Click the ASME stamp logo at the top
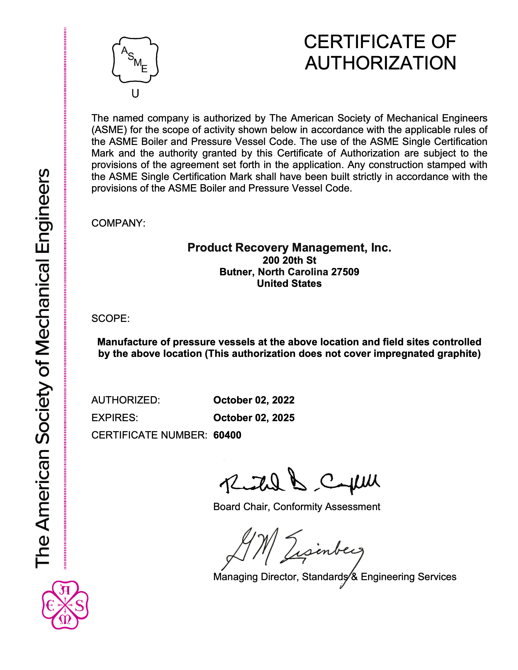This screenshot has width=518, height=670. pos(135,60)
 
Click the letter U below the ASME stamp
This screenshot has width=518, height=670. pos(135,93)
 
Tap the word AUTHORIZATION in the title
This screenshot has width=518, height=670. pos(380,63)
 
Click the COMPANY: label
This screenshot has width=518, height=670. pos(118,223)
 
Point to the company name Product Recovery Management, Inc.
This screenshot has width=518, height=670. pos(289,248)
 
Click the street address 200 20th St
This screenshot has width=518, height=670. pos(289,260)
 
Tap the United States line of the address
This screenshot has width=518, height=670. pos(289,284)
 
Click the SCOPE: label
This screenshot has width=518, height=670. pos(111,319)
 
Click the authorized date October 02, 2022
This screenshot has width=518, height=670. pos(254,400)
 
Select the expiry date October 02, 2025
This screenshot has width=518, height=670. pos(254,418)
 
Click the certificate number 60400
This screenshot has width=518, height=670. pos(227,435)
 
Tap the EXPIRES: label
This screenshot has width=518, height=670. pos(115,418)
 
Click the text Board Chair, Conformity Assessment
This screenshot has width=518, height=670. pos(296,506)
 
